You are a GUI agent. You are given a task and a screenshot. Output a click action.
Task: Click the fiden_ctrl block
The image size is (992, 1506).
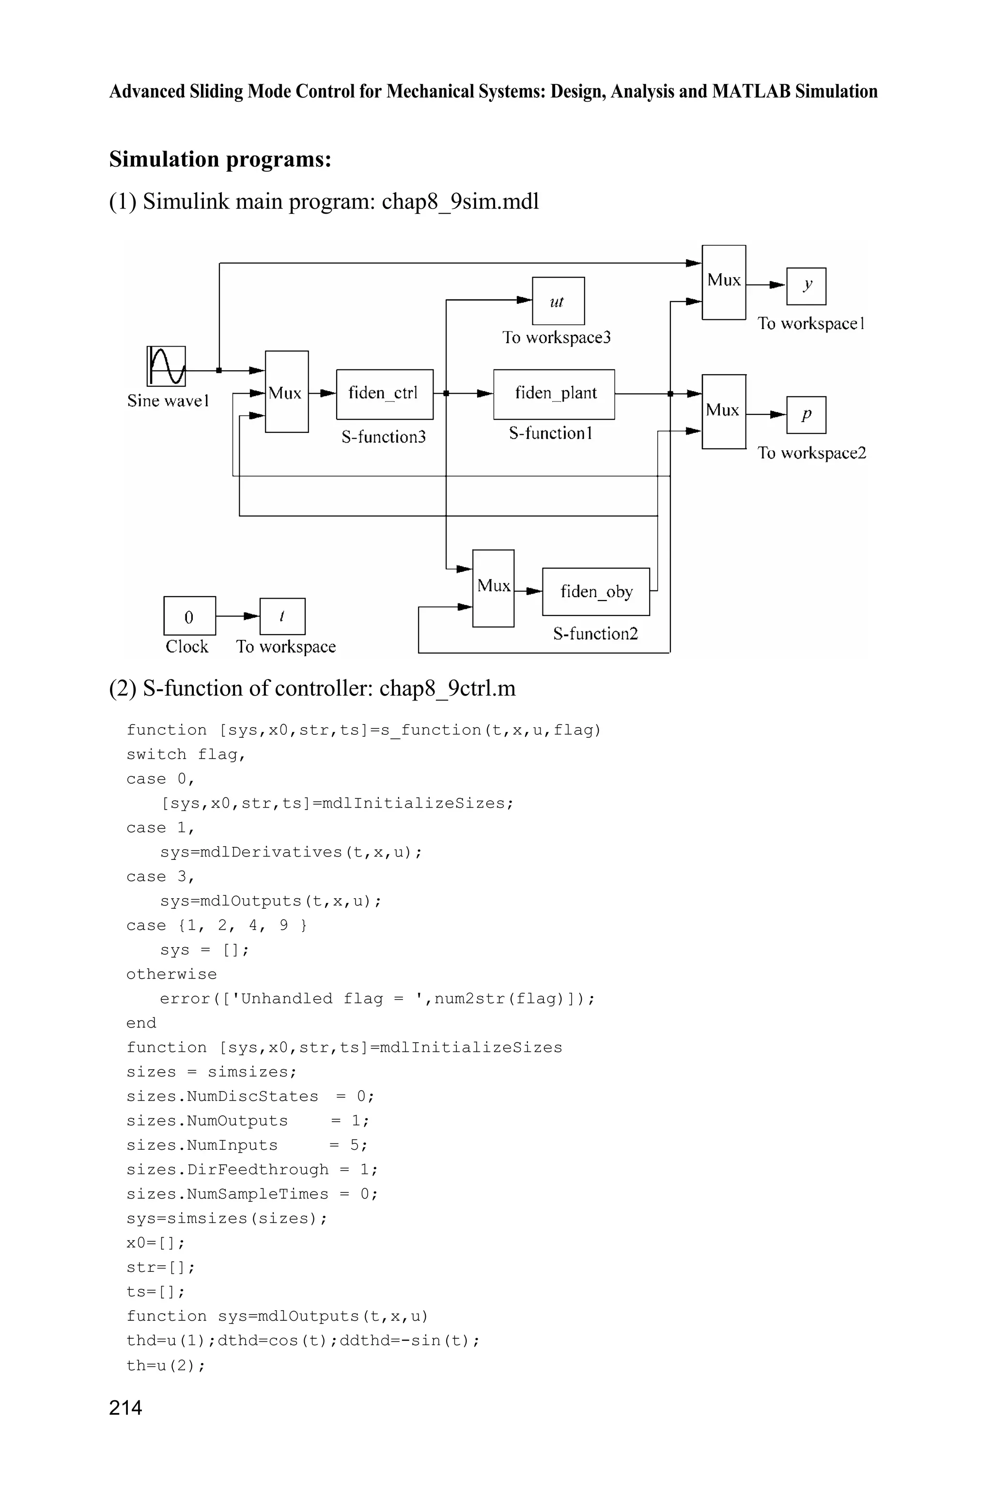(x=384, y=394)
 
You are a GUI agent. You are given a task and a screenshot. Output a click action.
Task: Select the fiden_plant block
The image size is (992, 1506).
(x=554, y=394)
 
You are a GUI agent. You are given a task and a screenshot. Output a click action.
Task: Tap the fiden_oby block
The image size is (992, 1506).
(x=595, y=591)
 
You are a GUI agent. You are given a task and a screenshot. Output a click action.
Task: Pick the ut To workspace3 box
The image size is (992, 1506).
(x=558, y=301)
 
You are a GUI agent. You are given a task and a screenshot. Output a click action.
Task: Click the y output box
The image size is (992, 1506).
(x=806, y=286)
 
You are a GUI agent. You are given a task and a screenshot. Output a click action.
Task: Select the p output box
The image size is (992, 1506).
(x=806, y=414)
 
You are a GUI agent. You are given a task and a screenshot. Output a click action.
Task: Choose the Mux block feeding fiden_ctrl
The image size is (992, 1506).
(x=286, y=392)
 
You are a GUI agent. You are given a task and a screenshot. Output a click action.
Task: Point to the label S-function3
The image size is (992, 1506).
(x=384, y=437)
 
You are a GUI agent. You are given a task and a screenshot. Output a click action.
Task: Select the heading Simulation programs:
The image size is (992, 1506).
(x=220, y=159)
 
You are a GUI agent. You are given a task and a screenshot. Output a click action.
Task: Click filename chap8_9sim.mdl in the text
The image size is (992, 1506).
(x=460, y=201)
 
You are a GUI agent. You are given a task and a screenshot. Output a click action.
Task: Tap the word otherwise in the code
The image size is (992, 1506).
(x=171, y=974)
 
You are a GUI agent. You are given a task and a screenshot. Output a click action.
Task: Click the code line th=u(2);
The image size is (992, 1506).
(x=166, y=1365)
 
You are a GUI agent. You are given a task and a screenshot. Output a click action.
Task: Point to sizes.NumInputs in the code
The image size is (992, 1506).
(x=202, y=1145)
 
